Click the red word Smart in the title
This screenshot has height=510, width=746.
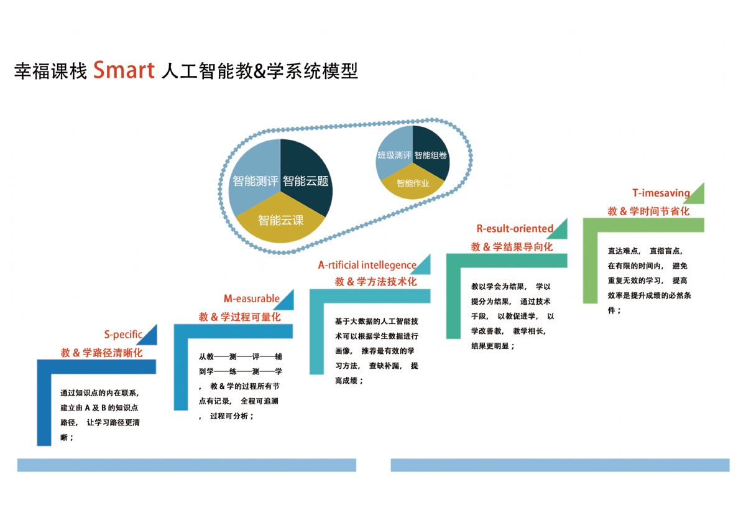click(x=124, y=70)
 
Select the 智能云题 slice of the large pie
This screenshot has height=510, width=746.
click(x=305, y=174)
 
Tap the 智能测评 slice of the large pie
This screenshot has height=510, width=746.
click(x=255, y=174)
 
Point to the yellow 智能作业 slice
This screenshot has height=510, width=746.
click(x=413, y=182)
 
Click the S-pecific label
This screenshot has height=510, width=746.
click(x=123, y=334)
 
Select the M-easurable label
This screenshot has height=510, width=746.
click(x=251, y=299)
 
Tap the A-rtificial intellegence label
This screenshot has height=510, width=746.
click(x=367, y=265)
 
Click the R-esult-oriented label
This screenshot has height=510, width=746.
click(x=515, y=228)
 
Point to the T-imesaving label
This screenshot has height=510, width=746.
click(x=661, y=193)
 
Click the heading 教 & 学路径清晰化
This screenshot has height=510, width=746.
click(x=101, y=353)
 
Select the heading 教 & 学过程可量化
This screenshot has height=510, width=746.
click(x=239, y=317)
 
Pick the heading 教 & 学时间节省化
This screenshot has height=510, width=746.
click(x=648, y=211)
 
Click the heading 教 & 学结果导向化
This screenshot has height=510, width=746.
click(x=512, y=246)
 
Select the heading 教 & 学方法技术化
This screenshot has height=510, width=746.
click(x=375, y=282)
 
